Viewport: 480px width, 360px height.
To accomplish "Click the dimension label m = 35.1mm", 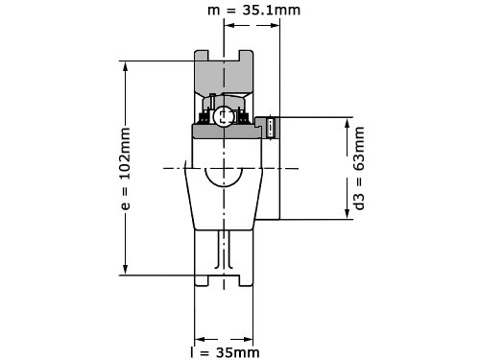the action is pyautogui.click(x=254, y=10).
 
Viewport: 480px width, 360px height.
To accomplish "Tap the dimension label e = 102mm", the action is pyautogui.click(x=126, y=169).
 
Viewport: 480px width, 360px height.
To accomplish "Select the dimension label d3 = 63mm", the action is pyautogui.click(x=359, y=168).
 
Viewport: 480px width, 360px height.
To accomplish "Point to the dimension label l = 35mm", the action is pyautogui.click(x=225, y=352).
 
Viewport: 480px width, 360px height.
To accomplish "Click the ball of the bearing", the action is pyautogui.click(x=223, y=116).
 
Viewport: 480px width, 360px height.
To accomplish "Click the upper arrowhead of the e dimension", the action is pyautogui.click(x=126, y=66).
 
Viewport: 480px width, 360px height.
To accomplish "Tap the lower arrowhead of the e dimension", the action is pyautogui.click(x=126, y=269).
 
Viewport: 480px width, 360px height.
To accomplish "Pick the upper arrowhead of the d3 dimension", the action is pyautogui.click(x=347, y=123).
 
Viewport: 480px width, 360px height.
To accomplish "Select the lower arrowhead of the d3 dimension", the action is pyautogui.click(x=347, y=214).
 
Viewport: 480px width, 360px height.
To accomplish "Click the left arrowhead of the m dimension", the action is pyautogui.click(x=229, y=25).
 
